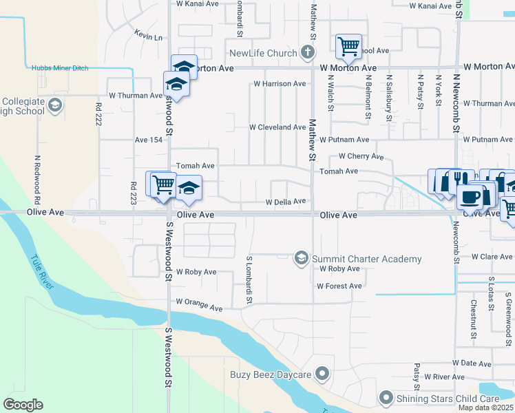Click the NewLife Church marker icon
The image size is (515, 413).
[308, 53]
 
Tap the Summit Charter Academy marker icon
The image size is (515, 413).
[301, 258]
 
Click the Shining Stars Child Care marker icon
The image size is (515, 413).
[386, 399]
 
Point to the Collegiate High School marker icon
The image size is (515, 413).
[54, 106]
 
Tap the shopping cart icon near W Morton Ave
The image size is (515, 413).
[348, 47]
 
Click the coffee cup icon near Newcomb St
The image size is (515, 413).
[470, 196]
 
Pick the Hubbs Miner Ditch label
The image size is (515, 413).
[60, 67]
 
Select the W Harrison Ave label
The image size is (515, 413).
[280, 84]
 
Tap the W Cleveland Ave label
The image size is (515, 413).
[277, 127]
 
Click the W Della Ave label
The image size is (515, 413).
[285, 202]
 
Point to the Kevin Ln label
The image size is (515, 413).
[148, 36]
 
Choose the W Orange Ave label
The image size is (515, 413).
[199, 302]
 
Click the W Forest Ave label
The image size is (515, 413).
[339, 286]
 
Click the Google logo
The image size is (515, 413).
[23, 404]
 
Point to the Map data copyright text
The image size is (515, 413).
[485, 407]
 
